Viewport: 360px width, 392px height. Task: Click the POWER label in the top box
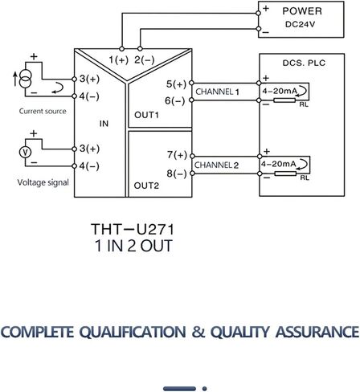pyautogui.click(x=302, y=11)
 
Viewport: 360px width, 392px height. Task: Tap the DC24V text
pyautogui.click(x=300, y=24)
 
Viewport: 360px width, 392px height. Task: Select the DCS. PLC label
pyautogui.click(x=304, y=63)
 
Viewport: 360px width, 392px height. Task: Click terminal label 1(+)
pyautogui.click(x=118, y=59)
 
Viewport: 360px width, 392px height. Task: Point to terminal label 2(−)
pyautogui.click(x=145, y=59)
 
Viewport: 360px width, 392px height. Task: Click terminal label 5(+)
pyautogui.click(x=176, y=84)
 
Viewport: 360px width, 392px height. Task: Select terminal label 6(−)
pyautogui.click(x=175, y=101)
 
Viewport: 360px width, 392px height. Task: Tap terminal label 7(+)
pyautogui.click(x=177, y=155)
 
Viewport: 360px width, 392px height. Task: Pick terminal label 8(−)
pyautogui.click(x=177, y=174)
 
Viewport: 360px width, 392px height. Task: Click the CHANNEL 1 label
pyautogui.click(x=217, y=92)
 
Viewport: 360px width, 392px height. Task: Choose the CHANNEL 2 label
pyautogui.click(x=216, y=165)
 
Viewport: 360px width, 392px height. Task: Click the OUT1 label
pyautogui.click(x=146, y=115)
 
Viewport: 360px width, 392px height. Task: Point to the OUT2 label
pyautogui.click(x=146, y=186)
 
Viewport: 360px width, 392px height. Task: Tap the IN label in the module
pyautogui.click(x=104, y=124)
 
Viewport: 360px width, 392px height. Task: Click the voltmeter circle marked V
pyautogui.click(x=25, y=153)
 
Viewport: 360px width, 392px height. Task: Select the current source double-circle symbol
pyautogui.click(x=26, y=79)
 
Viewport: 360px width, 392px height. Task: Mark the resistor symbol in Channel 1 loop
pyautogui.click(x=284, y=100)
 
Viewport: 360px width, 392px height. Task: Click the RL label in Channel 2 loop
pyautogui.click(x=305, y=178)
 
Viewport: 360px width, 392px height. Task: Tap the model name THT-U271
pyautogui.click(x=133, y=229)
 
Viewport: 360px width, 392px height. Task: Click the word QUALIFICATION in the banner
pyautogui.click(x=133, y=332)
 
